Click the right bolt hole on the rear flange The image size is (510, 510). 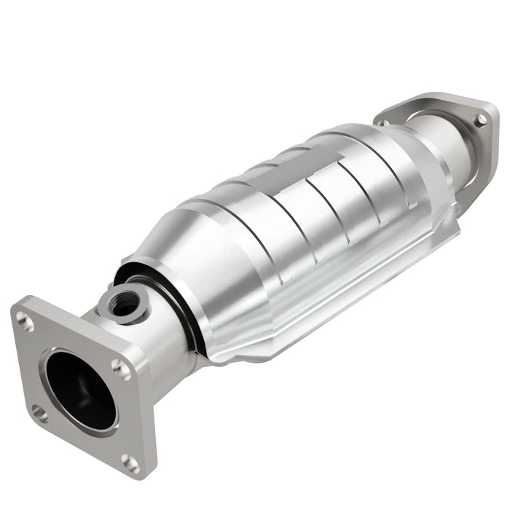coord(480,119)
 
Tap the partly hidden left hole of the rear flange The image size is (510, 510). coord(381,122)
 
